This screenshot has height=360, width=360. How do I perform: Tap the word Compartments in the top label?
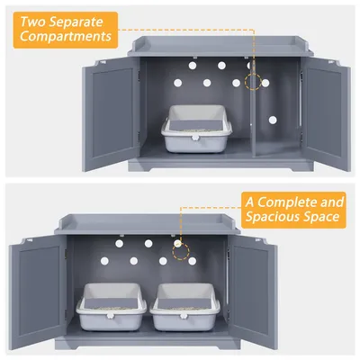pos(66,37)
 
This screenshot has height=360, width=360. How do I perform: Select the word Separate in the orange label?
pos(76,22)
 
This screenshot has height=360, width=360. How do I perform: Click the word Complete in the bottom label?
pos(287,202)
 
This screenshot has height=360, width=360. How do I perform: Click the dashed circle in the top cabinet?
pos(253,82)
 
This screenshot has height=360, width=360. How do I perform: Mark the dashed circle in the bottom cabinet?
pos(181,252)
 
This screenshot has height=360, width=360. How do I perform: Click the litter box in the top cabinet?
pos(197,128)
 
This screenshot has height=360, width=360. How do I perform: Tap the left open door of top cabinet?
pos(111,114)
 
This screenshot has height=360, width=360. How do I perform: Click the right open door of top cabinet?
pos(326,114)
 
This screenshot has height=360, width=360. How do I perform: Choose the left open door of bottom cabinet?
pos(38,292)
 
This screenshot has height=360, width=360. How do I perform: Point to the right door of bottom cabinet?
pos(253,292)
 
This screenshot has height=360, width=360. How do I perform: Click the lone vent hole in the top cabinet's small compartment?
pos(273,120)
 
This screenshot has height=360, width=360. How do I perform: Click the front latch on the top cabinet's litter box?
pos(194,138)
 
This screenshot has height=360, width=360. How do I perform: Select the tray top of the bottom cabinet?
pos(148,224)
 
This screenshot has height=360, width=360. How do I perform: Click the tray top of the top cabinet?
pos(220,46)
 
